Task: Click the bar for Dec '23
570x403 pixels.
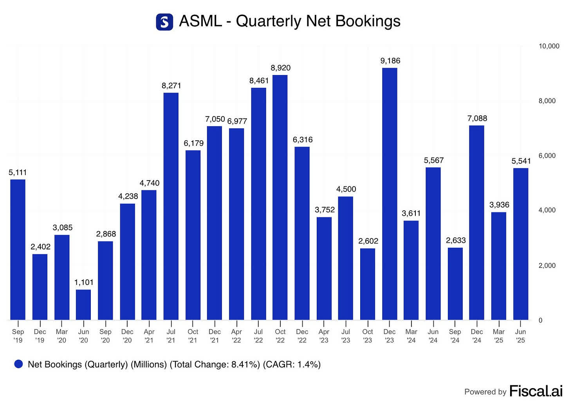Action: point(390,194)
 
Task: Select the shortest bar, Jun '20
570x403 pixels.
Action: point(83,304)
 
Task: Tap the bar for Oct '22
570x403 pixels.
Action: point(280,197)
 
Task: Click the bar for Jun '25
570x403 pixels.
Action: point(521,244)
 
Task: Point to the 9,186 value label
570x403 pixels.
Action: point(390,61)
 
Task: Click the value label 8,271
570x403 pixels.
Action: point(171,86)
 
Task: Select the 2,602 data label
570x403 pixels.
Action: point(368,241)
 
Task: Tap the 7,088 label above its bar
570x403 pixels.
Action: point(477,118)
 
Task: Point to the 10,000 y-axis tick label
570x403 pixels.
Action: point(549,46)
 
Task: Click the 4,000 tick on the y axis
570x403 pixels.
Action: point(547,210)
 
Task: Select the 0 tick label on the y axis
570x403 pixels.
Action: point(541,320)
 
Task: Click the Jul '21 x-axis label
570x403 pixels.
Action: point(171,336)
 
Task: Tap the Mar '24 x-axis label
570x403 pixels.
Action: point(411,336)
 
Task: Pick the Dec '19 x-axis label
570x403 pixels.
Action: point(40,336)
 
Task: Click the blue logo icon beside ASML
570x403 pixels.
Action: point(164,21)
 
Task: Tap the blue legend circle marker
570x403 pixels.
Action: point(18,364)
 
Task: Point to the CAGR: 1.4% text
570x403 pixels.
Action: point(292,364)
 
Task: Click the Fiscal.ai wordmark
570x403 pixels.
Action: point(536,391)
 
